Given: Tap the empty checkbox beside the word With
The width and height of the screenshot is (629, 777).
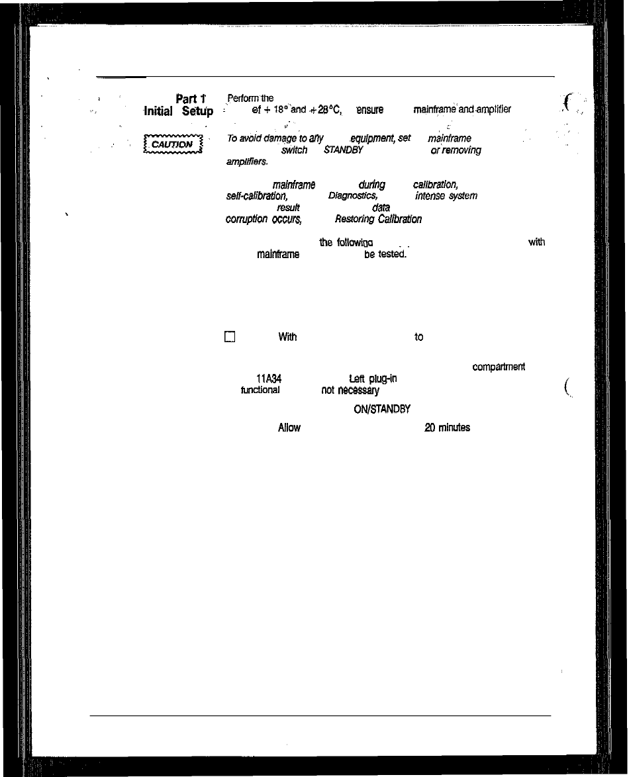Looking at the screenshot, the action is tap(230, 337).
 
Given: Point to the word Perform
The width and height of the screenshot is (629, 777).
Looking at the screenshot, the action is tap(239, 99).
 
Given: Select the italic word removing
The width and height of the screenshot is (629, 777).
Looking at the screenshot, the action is tap(462, 150).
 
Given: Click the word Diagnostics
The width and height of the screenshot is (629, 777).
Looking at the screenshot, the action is tap(353, 196).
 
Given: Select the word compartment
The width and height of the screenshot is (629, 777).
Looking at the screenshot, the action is tap(499, 367).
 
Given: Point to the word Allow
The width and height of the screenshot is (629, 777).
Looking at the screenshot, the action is tap(289, 428).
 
